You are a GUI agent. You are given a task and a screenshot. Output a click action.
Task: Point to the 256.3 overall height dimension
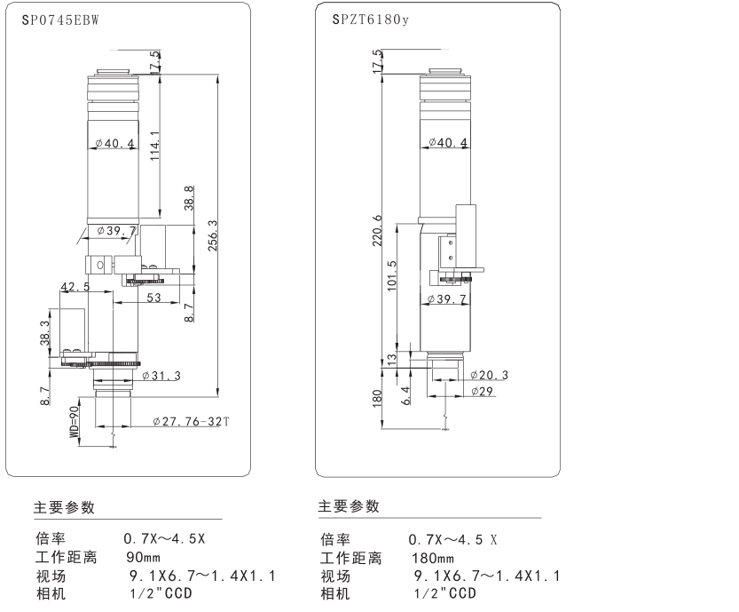pos(212,235)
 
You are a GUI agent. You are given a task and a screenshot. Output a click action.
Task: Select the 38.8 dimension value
pos(188,198)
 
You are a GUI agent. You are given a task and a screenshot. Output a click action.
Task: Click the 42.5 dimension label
pos(75,286)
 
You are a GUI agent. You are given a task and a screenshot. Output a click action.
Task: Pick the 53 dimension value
pos(153,299)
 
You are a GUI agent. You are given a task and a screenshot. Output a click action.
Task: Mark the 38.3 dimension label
pos(45,334)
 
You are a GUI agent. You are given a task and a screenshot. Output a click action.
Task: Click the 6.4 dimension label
pos(405,393)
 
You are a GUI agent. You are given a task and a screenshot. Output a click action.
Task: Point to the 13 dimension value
pos(392,360)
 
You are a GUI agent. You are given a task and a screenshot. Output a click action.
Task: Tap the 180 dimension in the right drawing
pos(377,399)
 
